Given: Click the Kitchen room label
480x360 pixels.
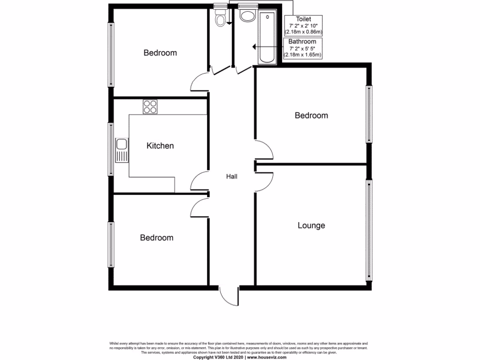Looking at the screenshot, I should [x=160, y=146].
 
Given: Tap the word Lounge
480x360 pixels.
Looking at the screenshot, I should [x=311, y=225].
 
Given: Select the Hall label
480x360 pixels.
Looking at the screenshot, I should [x=232, y=177].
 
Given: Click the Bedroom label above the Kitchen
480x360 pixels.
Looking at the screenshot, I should [x=160, y=52].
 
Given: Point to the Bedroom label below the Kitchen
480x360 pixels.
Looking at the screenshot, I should [x=157, y=238].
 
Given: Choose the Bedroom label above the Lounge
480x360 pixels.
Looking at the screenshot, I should [x=311, y=115].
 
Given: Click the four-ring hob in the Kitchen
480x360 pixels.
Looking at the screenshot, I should [x=150, y=107].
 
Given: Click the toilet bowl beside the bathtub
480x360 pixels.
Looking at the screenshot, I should [x=246, y=16].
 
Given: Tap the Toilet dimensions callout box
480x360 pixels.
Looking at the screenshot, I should [x=304, y=25].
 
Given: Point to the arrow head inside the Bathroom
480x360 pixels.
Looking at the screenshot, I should [x=254, y=47].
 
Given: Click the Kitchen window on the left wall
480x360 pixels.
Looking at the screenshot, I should [x=111, y=149].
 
